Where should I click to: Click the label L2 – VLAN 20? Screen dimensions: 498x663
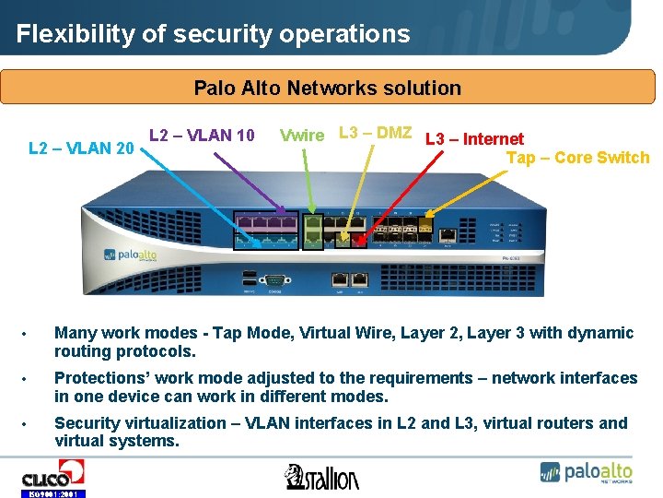pyautogui.click(x=82, y=148)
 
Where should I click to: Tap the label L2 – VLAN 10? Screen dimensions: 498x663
pyautogui.click(x=202, y=135)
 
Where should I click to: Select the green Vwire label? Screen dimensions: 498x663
pyautogui.click(x=301, y=136)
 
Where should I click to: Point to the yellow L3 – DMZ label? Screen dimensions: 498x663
pyautogui.click(x=375, y=132)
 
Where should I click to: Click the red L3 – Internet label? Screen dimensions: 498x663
pyautogui.click(x=474, y=139)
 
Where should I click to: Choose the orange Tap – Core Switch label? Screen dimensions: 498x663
pyautogui.click(x=577, y=158)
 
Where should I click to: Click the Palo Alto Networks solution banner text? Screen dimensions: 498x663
pyautogui.click(x=327, y=89)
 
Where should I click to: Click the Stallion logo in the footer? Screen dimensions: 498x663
pyautogui.click(x=321, y=476)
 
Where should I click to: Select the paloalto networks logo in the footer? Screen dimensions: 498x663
pyautogui.click(x=586, y=472)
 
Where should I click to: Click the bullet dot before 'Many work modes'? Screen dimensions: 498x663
pyautogui.click(x=29, y=334)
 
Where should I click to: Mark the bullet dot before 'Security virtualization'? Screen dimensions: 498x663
pyautogui.click(x=29, y=424)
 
